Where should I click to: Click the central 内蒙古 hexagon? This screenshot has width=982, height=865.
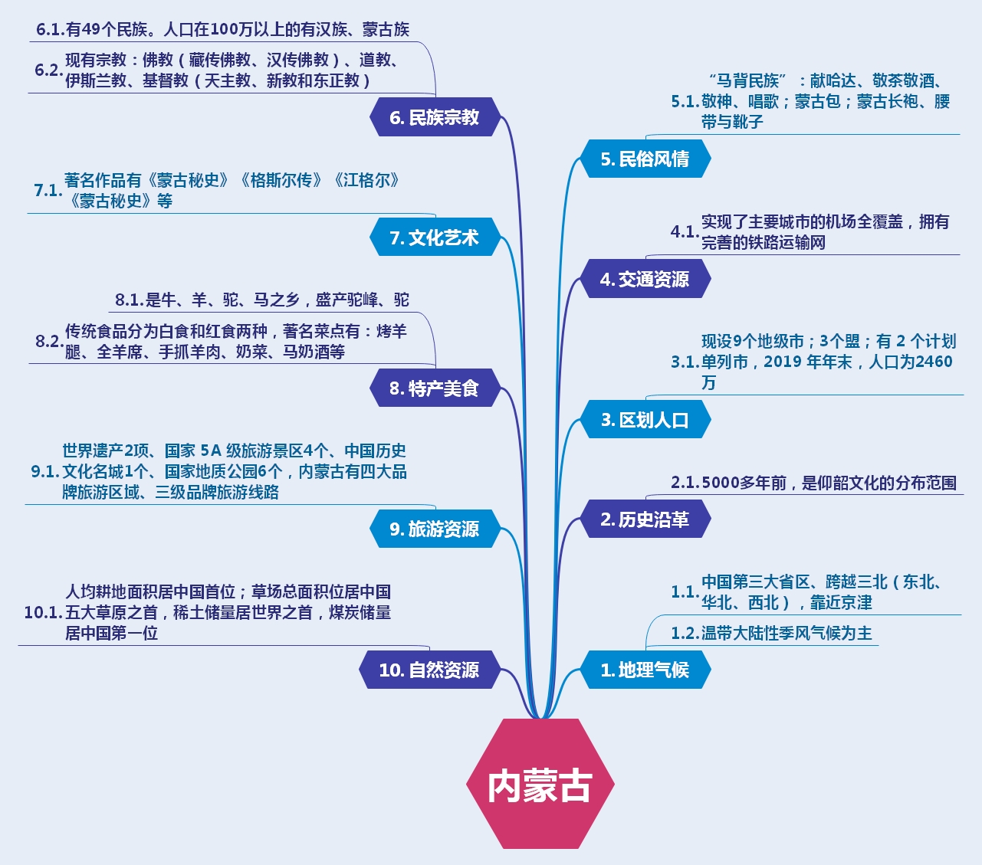540,784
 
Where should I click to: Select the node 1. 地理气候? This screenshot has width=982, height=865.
644,670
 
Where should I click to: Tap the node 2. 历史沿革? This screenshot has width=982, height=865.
644,519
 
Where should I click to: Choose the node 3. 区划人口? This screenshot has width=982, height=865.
644,420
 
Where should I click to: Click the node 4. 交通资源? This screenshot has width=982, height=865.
644,280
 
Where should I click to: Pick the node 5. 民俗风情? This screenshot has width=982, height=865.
644,159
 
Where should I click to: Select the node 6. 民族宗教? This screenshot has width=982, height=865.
434,117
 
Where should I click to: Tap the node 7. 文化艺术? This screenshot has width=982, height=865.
434,238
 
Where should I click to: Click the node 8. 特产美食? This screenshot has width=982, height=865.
434,388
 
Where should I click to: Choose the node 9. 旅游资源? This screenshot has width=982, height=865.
434,529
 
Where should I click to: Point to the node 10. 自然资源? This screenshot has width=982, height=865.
429,670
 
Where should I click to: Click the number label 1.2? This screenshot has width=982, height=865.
685,634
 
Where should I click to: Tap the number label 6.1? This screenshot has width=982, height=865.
50,30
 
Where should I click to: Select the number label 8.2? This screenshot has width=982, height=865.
49,342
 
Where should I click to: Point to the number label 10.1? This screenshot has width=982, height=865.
43,613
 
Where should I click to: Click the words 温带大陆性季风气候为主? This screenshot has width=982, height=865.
787,634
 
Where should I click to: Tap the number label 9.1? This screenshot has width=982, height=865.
45,472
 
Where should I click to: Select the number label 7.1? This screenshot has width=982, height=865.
48,191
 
